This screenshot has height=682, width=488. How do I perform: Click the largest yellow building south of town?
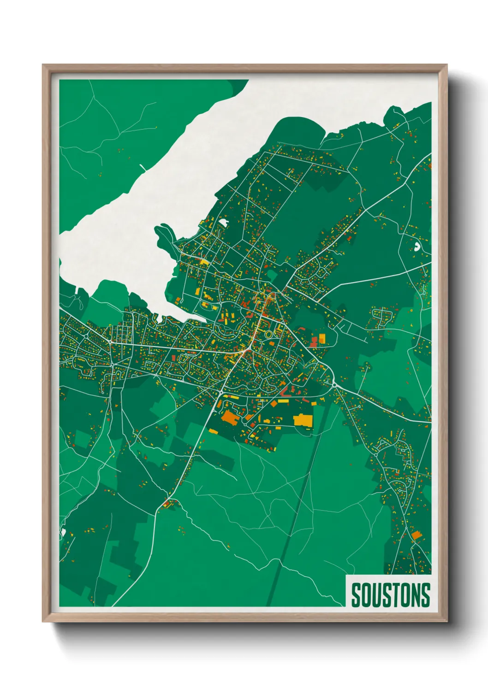click(303, 420)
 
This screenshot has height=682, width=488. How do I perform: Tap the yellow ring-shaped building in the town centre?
click(268, 334)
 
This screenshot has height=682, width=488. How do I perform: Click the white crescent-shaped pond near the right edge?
click(418, 246)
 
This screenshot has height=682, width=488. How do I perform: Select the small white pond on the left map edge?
click(61, 533)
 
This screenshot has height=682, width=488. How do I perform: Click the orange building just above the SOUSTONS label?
click(417, 535)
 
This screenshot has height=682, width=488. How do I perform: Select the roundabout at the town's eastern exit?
click(333, 383)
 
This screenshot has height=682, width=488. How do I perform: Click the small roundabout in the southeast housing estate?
click(376, 454)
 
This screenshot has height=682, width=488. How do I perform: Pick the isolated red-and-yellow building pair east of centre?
click(318, 340)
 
